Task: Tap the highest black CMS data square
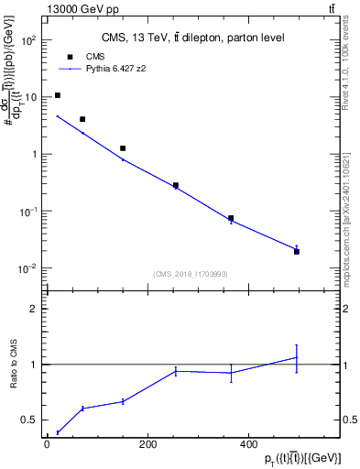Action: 58,95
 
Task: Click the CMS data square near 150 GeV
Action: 123,148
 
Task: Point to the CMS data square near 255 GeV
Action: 176,185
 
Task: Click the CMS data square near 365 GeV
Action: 231,219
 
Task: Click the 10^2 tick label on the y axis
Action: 28,40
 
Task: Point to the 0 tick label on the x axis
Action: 47,444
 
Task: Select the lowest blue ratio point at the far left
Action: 58,432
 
